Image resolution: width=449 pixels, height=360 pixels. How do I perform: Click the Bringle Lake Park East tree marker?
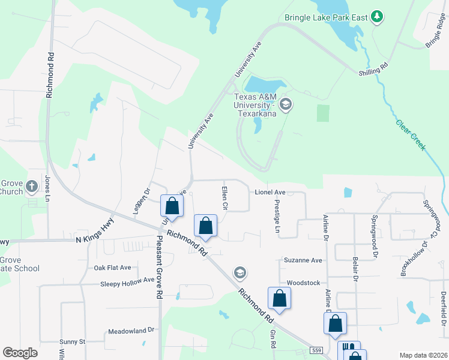tap(377, 17)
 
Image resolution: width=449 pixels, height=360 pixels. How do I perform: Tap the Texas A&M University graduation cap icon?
tap(286, 105)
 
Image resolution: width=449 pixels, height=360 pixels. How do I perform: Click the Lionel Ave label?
tap(270, 193)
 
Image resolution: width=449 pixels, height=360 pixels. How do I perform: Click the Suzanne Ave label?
tap(303, 260)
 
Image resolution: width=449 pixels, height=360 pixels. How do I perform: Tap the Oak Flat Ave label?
tap(112, 268)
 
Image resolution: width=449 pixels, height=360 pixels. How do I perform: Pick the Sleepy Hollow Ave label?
tap(127, 281)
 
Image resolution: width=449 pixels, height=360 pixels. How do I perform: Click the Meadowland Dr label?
tap(131, 331)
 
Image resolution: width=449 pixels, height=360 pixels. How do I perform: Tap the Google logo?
tap(20, 353)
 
